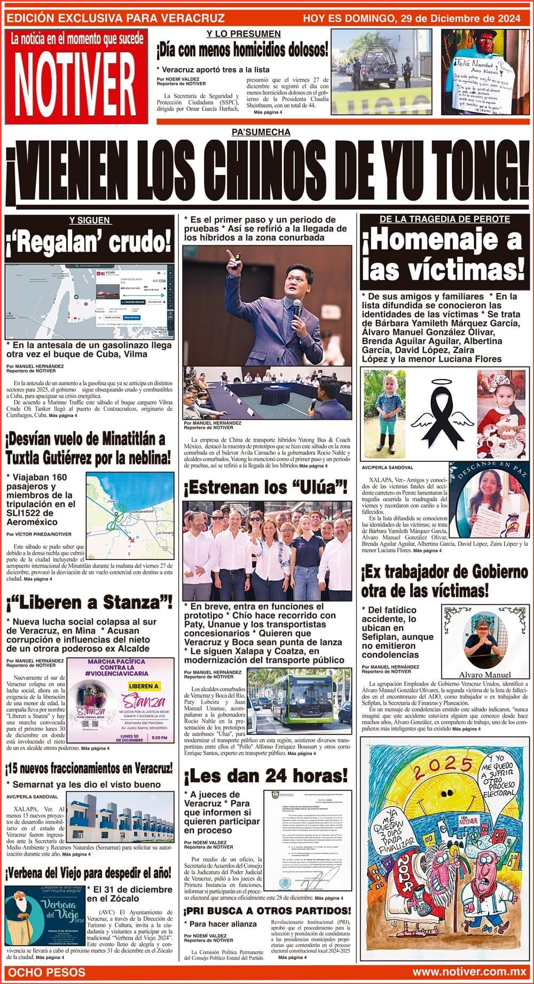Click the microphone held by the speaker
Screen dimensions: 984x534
coord(297,308)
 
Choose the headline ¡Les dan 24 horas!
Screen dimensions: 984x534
coord(265,774)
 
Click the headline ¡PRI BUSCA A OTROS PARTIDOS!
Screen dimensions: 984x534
coord(268,910)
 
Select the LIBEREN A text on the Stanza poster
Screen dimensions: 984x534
coord(144,686)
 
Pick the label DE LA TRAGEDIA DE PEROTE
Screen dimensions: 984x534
coord(444,219)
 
